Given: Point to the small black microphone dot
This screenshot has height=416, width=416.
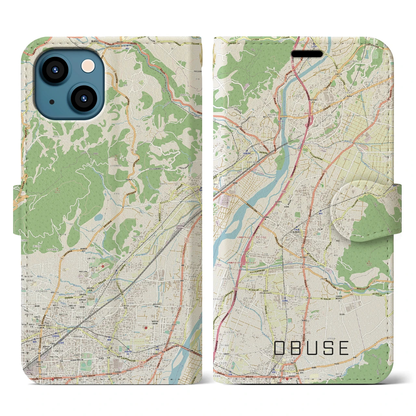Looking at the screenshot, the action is click(x=52, y=102).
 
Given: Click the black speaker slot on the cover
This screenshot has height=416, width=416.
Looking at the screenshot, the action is click(x=307, y=54).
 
